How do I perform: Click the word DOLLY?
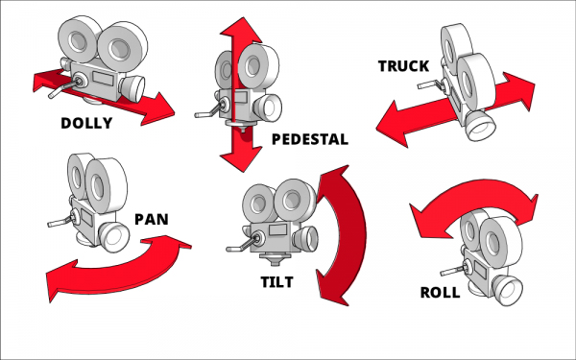click(86, 123)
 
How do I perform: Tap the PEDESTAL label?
click(309, 139)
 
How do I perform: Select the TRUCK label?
click(403, 65)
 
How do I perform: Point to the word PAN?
click(152, 218)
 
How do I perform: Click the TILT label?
click(276, 282)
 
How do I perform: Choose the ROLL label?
click(440, 293)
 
